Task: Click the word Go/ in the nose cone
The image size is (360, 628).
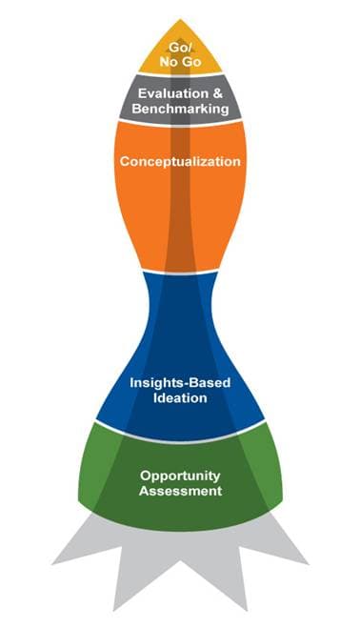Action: pyautogui.click(x=180, y=48)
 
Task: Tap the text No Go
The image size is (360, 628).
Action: pyautogui.click(x=180, y=62)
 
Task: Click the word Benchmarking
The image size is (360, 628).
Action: pyautogui.click(x=180, y=109)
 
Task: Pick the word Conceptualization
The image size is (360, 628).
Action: pyautogui.click(x=180, y=161)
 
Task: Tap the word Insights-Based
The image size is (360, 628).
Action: pyautogui.click(x=180, y=383)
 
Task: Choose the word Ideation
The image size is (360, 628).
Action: pyautogui.click(x=180, y=398)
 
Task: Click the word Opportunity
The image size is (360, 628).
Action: pyautogui.click(x=180, y=476)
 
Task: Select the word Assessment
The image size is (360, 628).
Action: pyautogui.click(x=180, y=491)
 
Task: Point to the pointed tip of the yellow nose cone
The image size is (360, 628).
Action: pyautogui.click(x=180, y=19)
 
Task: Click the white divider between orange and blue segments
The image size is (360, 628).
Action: pyautogui.click(x=180, y=273)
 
